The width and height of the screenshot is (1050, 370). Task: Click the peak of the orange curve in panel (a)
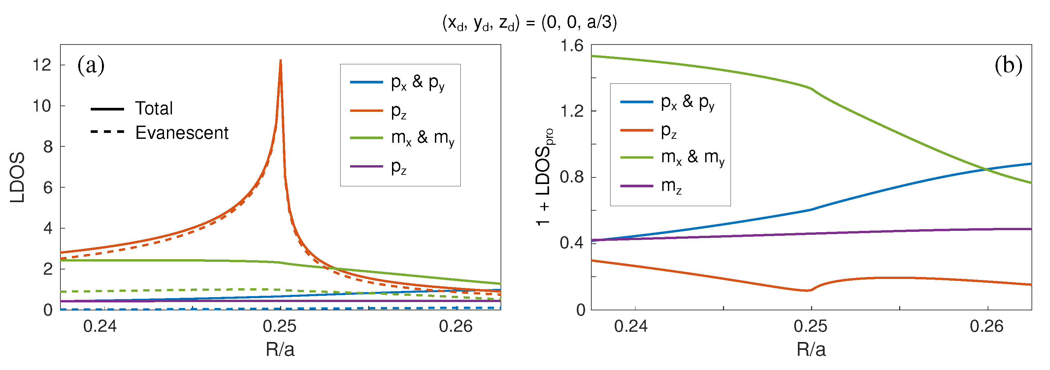click(280, 61)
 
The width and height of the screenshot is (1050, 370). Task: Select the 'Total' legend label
click(154, 108)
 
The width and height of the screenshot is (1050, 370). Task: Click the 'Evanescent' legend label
click(181, 133)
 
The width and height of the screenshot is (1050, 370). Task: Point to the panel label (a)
click(90, 65)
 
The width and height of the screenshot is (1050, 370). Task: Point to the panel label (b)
click(1008, 65)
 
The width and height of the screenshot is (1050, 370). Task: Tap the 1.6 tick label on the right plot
click(572, 46)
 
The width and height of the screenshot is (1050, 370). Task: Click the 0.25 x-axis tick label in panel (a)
click(279, 326)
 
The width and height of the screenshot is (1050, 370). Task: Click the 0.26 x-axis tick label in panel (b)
click(986, 326)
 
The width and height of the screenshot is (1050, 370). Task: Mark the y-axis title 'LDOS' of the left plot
click(17, 177)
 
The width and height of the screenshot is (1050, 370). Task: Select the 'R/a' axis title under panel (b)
click(811, 350)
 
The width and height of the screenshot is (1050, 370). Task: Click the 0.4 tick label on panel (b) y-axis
click(572, 243)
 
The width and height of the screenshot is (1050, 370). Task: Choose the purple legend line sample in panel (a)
click(366, 166)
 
